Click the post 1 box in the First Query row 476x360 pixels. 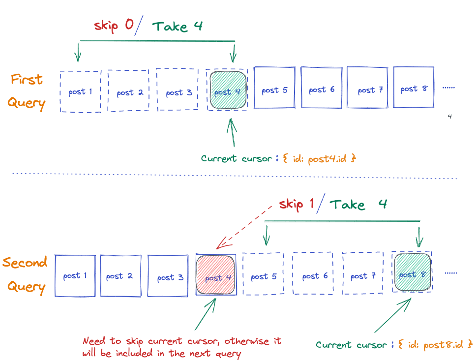(81, 91)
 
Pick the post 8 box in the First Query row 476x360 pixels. (414, 87)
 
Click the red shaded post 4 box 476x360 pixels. (215, 274)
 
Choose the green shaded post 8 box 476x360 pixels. (413, 272)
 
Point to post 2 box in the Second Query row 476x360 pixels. (120, 275)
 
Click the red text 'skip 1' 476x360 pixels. (297, 204)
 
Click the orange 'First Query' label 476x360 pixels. (28, 92)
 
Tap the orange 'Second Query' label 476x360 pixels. (25, 274)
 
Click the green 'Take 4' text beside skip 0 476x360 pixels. (177, 26)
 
